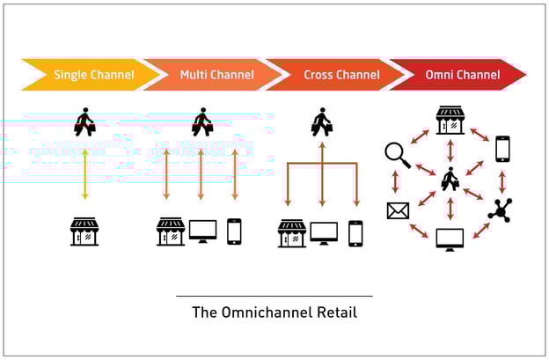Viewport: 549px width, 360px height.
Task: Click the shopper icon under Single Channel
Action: [x=85, y=122]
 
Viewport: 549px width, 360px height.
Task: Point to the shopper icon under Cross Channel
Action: [x=322, y=122]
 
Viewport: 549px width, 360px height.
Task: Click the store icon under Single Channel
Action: [x=84, y=232]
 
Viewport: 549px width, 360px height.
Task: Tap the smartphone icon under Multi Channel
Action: [x=234, y=231]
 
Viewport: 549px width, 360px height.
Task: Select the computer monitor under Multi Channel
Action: [x=202, y=232]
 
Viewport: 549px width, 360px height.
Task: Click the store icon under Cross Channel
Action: [x=291, y=232]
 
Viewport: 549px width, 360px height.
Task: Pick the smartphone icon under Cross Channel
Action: [x=355, y=232]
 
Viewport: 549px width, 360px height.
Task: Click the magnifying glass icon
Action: [x=397, y=156]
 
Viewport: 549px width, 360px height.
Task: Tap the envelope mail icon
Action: [x=398, y=210]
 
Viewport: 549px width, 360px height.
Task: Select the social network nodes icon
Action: [x=500, y=209]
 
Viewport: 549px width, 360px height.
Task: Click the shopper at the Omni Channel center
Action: [x=450, y=180]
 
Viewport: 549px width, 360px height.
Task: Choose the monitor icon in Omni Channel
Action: [x=450, y=239]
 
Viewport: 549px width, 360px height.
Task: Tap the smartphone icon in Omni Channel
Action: [x=501, y=148]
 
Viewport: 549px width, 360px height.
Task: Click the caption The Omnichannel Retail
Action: [x=274, y=312]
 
